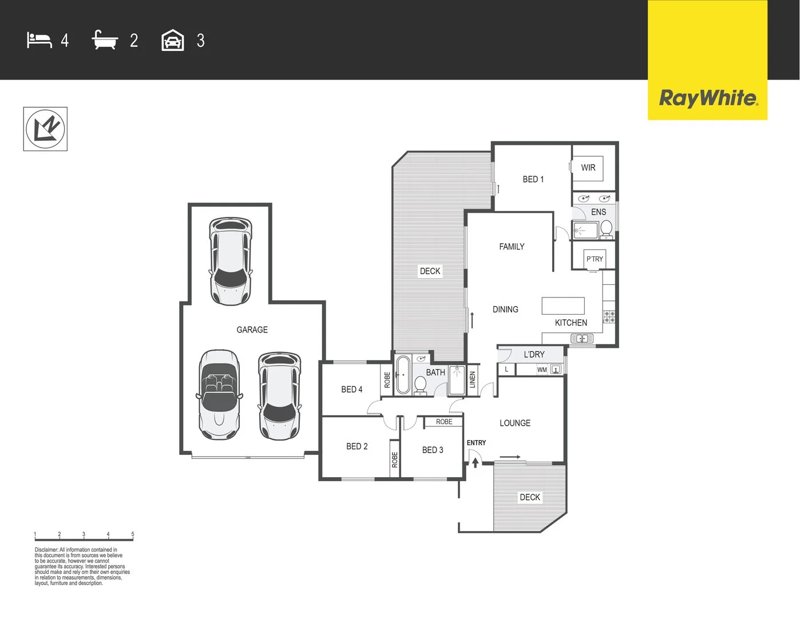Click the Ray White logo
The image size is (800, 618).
(708, 98)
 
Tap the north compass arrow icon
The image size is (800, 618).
(45, 129)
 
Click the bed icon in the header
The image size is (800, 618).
(39, 40)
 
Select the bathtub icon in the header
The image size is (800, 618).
(105, 40)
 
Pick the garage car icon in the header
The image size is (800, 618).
(173, 41)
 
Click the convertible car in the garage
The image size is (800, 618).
(219, 394)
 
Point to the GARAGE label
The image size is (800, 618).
(252, 330)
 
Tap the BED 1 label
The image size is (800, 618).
(533, 179)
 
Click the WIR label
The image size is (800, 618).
(588, 168)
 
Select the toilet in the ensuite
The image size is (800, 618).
(607, 229)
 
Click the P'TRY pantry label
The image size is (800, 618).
(595, 259)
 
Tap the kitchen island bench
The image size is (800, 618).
(563, 306)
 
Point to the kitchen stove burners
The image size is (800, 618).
(609, 316)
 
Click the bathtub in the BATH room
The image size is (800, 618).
(403, 375)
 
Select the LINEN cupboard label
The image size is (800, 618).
(473, 379)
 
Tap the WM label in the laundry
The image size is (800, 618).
(542, 370)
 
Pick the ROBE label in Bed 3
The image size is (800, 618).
(444, 422)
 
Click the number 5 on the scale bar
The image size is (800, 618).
(133, 534)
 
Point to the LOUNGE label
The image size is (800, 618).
(514, 423)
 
